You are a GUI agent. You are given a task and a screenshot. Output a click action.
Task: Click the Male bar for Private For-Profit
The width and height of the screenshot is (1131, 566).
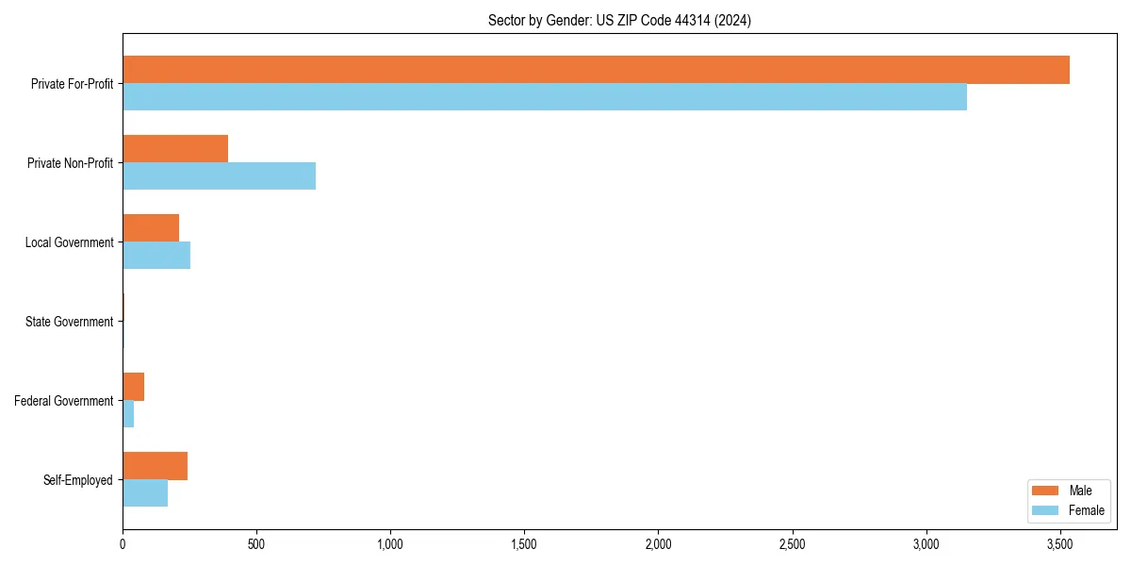(596, 70)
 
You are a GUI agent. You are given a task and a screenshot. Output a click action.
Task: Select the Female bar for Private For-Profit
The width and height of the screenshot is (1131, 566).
(545, 97)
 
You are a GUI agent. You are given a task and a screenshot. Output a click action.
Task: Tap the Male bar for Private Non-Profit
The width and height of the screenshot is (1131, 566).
(175, 149)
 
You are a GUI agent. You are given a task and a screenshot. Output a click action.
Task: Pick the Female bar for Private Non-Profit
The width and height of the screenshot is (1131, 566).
(219, 176)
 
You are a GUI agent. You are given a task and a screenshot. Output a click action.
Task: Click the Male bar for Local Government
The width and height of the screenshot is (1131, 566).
(151, 228)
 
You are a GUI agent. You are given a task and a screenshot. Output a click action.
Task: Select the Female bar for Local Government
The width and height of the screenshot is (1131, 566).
(156, 256)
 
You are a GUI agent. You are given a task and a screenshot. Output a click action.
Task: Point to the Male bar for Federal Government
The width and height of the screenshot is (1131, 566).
(133, 387)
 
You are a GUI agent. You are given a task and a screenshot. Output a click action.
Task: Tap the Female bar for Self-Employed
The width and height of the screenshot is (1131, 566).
(145, 493)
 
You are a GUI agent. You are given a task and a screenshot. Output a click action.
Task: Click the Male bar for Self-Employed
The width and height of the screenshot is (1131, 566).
(155, 466)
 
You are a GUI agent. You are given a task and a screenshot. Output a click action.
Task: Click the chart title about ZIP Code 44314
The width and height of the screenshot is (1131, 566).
(619, 20)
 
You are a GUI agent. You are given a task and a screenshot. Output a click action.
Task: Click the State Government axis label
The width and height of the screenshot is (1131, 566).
(69, 322)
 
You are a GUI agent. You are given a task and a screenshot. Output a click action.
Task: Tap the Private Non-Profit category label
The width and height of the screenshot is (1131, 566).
(70, 163)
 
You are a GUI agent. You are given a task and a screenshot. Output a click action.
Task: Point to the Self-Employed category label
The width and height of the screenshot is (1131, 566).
(78, 480)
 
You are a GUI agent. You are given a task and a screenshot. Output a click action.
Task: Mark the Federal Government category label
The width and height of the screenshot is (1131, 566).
(64, 401)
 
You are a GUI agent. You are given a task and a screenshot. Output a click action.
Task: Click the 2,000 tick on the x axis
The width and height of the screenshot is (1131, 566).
(658, 544)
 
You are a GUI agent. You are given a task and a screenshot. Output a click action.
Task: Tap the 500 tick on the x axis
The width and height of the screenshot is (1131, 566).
(256, 544)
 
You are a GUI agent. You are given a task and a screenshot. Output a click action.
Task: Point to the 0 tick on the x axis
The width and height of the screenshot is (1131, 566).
(123, 544)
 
